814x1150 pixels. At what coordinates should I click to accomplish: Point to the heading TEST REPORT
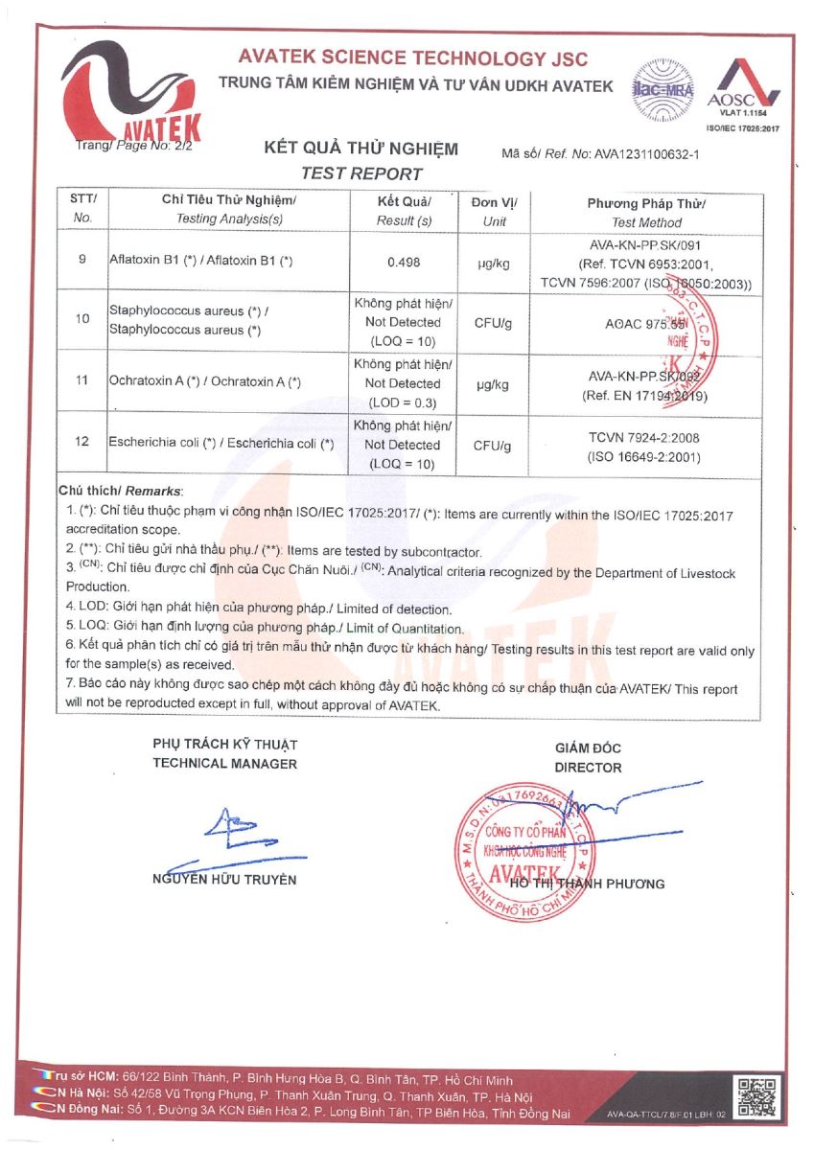[x=360, y=173]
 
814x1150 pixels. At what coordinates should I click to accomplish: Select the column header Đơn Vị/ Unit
[x=495, y=211]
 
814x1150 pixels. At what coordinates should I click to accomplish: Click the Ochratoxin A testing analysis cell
[x=206, y=382]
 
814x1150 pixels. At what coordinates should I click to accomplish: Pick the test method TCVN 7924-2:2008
[x=643, y=436]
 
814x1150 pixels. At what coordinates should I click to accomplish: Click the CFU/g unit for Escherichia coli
[x=495, y=446]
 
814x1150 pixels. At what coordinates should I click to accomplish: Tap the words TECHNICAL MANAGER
[x=225, y=764]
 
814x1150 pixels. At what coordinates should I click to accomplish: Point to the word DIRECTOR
[x=588, y=768]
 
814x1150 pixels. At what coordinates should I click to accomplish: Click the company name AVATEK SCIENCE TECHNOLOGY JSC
[x=413, y=59]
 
